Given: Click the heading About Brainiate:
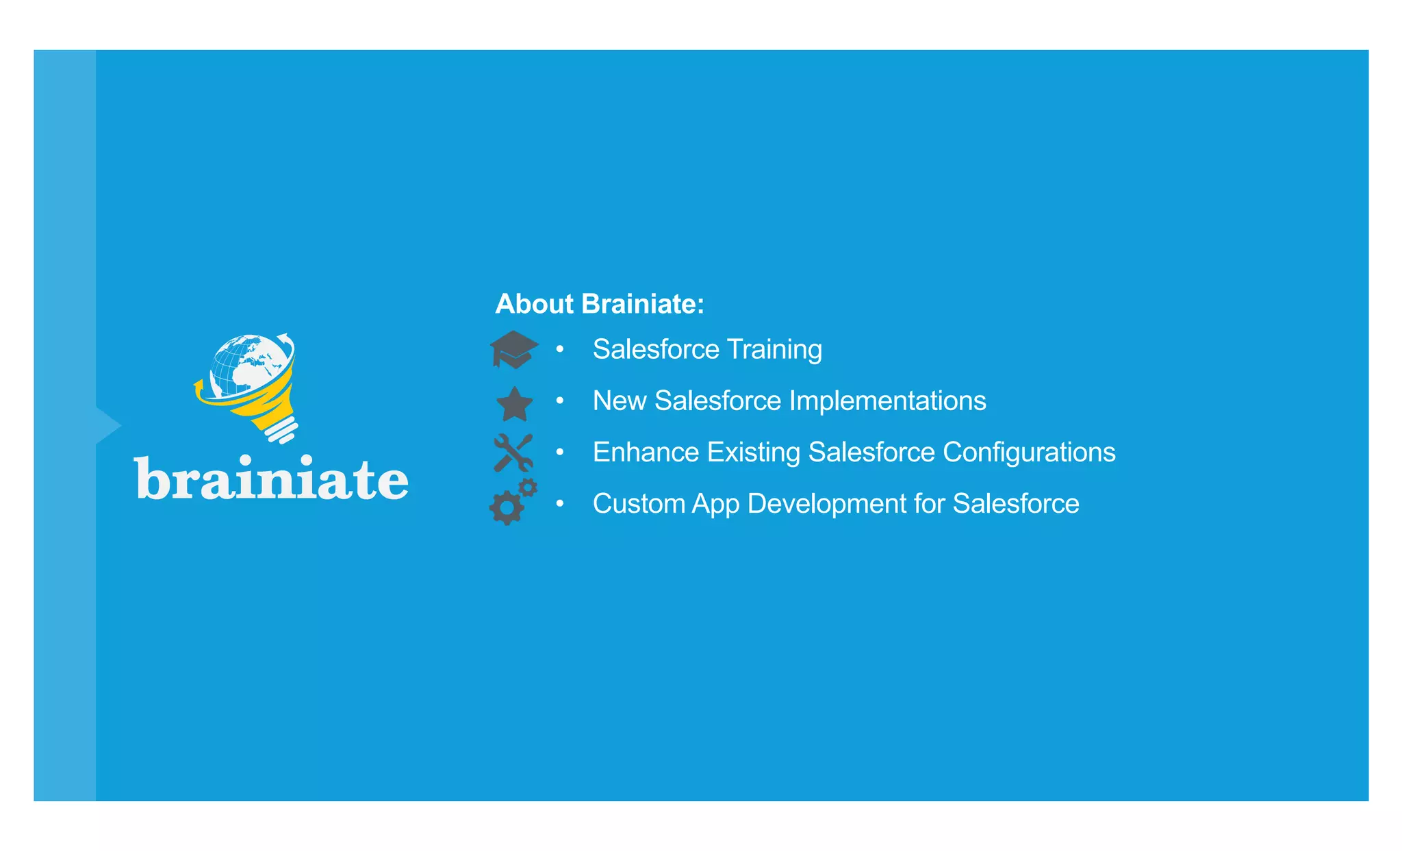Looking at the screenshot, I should [x=599, y=304].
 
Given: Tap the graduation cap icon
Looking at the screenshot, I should [x=513, y=349].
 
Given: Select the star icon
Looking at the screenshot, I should [x=514, y=404].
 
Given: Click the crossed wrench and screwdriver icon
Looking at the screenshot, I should [x=513, y=453].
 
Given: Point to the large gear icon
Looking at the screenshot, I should [x=507, y=507].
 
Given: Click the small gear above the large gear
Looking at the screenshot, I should [x=528, y=487].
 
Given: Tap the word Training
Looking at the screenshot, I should [x=774, y=349].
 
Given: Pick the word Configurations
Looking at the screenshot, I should [x=1029, y=452].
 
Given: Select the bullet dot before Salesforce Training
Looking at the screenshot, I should [x=560, y=349].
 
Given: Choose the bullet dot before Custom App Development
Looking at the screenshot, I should [x=560, y=504].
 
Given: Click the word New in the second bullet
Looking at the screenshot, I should [x=619, y=401].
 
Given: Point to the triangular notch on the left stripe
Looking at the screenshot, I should [x=108, y=426].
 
